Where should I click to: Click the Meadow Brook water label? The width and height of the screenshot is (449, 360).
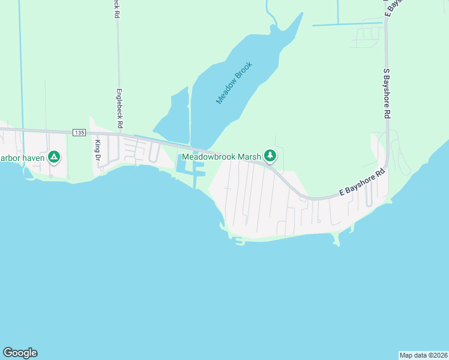tap(235, 83)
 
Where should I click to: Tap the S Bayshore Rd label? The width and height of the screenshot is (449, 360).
tap(387, 92)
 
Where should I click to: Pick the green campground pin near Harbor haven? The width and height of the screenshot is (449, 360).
tap(54, 157)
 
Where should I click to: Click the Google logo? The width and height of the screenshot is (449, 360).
tap(20, 353)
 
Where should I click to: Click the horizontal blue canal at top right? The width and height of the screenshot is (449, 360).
tap(347, 25)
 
